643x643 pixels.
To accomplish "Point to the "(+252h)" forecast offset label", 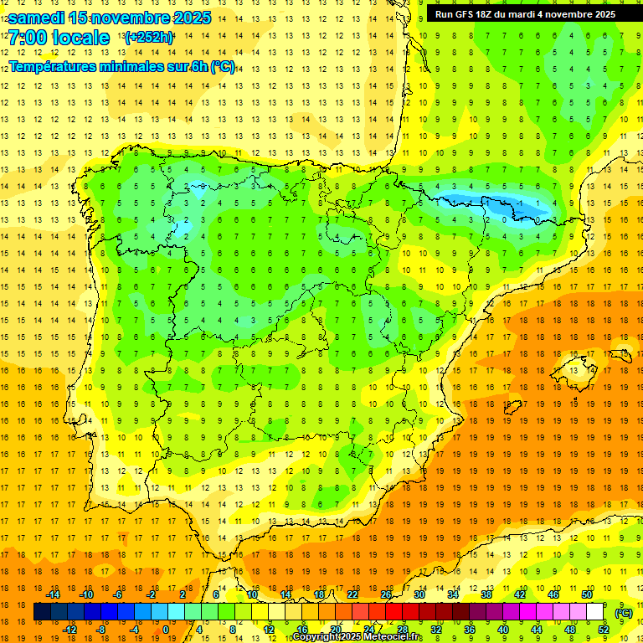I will pyautogui.click(x=148, y=38).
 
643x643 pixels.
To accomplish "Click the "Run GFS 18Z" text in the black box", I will pyautogui.click(x=468, y=14).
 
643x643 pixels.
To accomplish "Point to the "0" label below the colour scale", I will pyautogui.click(x=166, y=630).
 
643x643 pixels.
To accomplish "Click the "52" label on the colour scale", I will pyautogui.click(x=604, y=630).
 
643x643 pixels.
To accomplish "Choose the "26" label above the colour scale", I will pyautogui.click(x=386, y=594).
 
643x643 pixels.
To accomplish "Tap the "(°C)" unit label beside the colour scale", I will pyautogui.click(x=624, y=613).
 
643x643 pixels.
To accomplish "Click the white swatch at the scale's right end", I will pyautogui.click(x=595, y=612).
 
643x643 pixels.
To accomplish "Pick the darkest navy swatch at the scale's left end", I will pyautogui.click(x=42, y=612).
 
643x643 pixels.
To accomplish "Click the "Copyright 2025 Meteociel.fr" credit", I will pyautogui.click(x=358, y=637).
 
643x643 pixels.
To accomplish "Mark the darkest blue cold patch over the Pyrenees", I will pyautogui.click(x=519, y=203).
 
